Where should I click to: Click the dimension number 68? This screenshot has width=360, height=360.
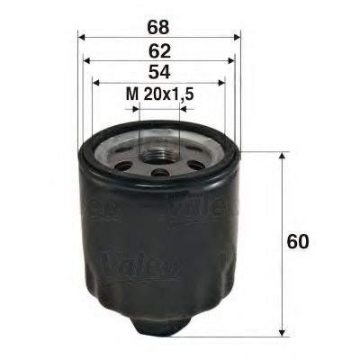point(158,16)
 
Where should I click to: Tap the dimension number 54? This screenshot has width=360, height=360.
point(158,71)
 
